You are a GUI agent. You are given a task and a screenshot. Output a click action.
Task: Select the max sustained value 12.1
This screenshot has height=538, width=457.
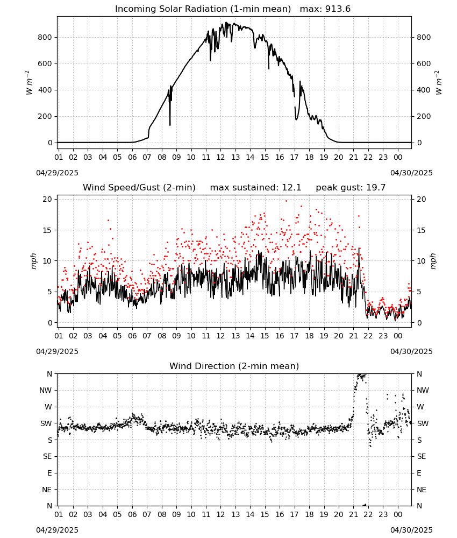click(291, 188)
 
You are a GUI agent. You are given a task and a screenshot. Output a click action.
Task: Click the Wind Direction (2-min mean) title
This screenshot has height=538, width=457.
click(234, 366)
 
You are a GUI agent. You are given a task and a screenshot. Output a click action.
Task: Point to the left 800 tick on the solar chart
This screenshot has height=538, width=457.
click(45, 37)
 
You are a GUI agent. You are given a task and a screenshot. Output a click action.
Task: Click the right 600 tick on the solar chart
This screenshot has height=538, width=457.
click(424, 63)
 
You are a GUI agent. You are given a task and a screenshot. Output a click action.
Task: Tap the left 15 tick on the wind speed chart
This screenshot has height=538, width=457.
click(47, 230)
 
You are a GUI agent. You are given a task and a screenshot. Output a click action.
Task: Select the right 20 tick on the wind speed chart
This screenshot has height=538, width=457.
click(421, 200)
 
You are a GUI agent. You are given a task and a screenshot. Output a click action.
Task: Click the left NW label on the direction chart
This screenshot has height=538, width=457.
click(46, 391)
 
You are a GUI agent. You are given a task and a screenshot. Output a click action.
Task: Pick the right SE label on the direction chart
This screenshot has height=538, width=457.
click(422, 457)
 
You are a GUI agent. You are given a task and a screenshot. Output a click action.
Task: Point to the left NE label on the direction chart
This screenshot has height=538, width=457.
click(47, 490)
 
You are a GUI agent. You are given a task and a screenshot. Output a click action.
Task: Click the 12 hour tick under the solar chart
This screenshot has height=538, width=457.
click(220, 157)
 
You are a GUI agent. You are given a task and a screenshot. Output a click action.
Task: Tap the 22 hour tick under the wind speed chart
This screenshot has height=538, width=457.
click(368, 336)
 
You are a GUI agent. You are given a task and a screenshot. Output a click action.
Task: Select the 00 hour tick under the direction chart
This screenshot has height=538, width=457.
click(398, 514)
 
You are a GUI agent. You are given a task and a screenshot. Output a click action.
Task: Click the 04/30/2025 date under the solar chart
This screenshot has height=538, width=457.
click(411, 173)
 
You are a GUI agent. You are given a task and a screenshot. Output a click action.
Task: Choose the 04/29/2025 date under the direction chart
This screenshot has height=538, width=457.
click(57, 530)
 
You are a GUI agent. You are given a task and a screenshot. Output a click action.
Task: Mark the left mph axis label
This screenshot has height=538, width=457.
click(33, 261)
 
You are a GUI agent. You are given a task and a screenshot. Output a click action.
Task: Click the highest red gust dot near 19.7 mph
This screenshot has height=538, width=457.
click(286, 201)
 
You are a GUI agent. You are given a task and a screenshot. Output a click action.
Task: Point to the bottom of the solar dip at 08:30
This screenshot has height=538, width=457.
click(170, 125)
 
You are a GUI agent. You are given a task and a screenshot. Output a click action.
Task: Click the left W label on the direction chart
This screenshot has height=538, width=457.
click(48, 407)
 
